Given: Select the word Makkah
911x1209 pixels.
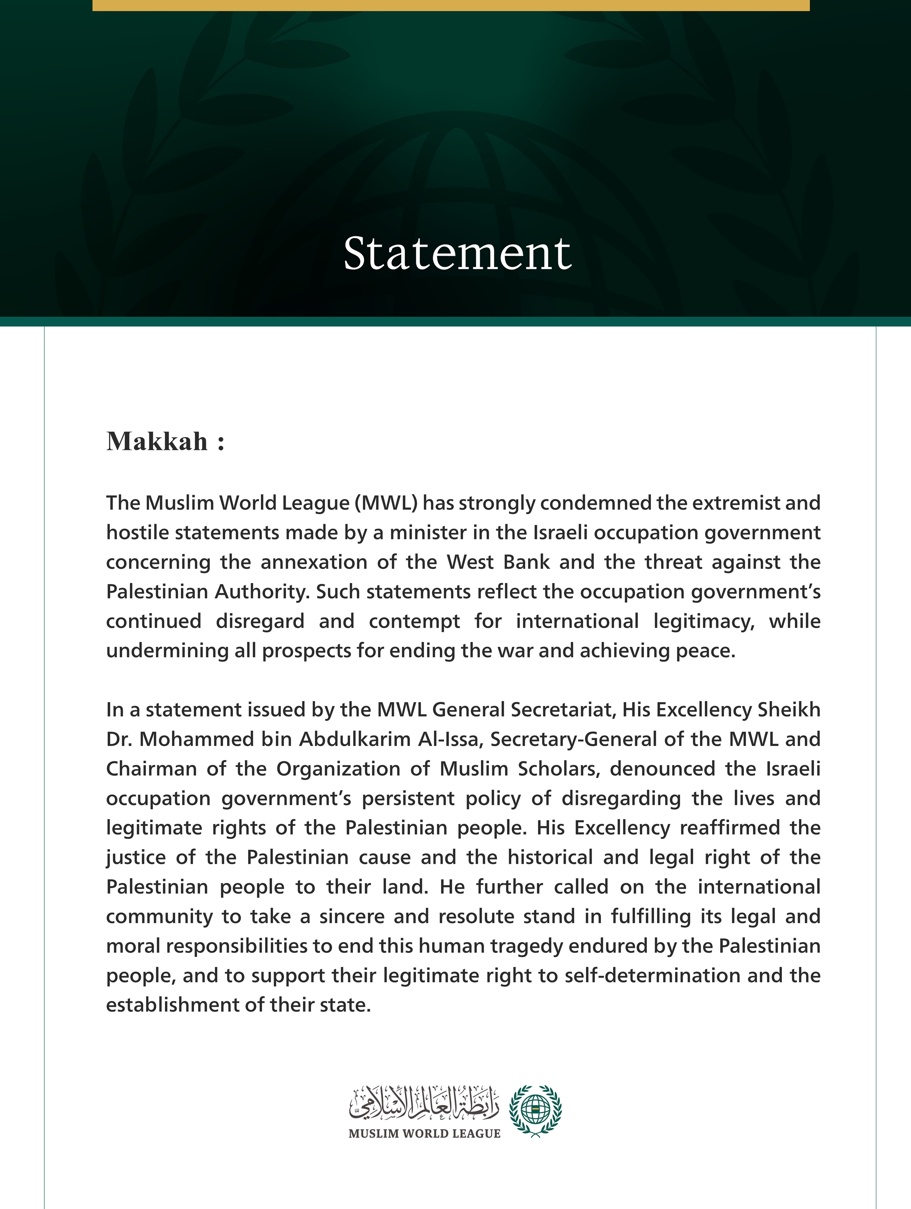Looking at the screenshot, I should coord(157,442).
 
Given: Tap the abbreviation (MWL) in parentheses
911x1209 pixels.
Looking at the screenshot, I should coord(386,503).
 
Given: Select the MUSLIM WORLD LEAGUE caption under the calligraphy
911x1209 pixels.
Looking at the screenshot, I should coord(424,1134).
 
